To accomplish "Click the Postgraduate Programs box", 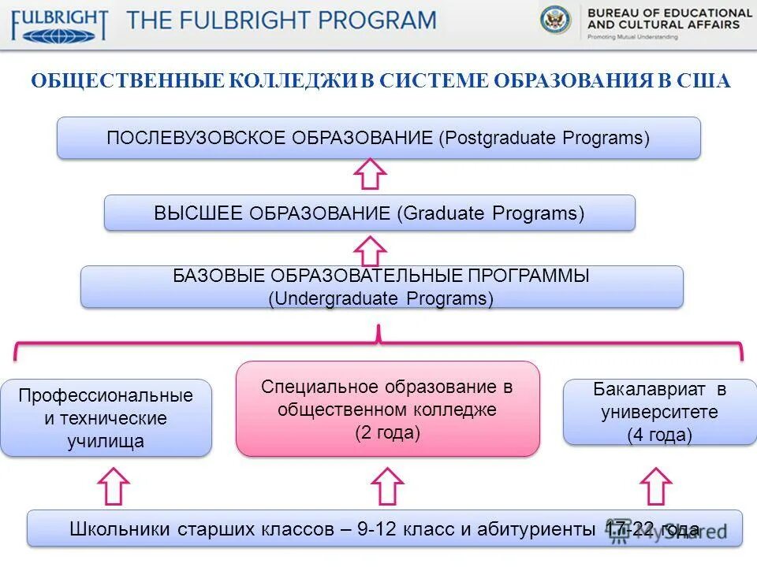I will coord(378,138).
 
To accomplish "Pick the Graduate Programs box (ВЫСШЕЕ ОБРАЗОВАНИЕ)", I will coord(369,213).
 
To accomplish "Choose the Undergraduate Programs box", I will coord(382,287).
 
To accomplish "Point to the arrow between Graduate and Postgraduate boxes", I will coord(369,174).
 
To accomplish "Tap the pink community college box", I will coord(387,409).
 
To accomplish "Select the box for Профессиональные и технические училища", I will coord(106,417).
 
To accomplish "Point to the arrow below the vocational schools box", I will coord(114,486).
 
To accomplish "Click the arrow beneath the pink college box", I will coord(387,486).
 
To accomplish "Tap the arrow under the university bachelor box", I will coord(656,486).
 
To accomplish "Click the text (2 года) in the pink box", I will coord(386,432).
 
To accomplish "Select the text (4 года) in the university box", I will coord(659,435).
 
